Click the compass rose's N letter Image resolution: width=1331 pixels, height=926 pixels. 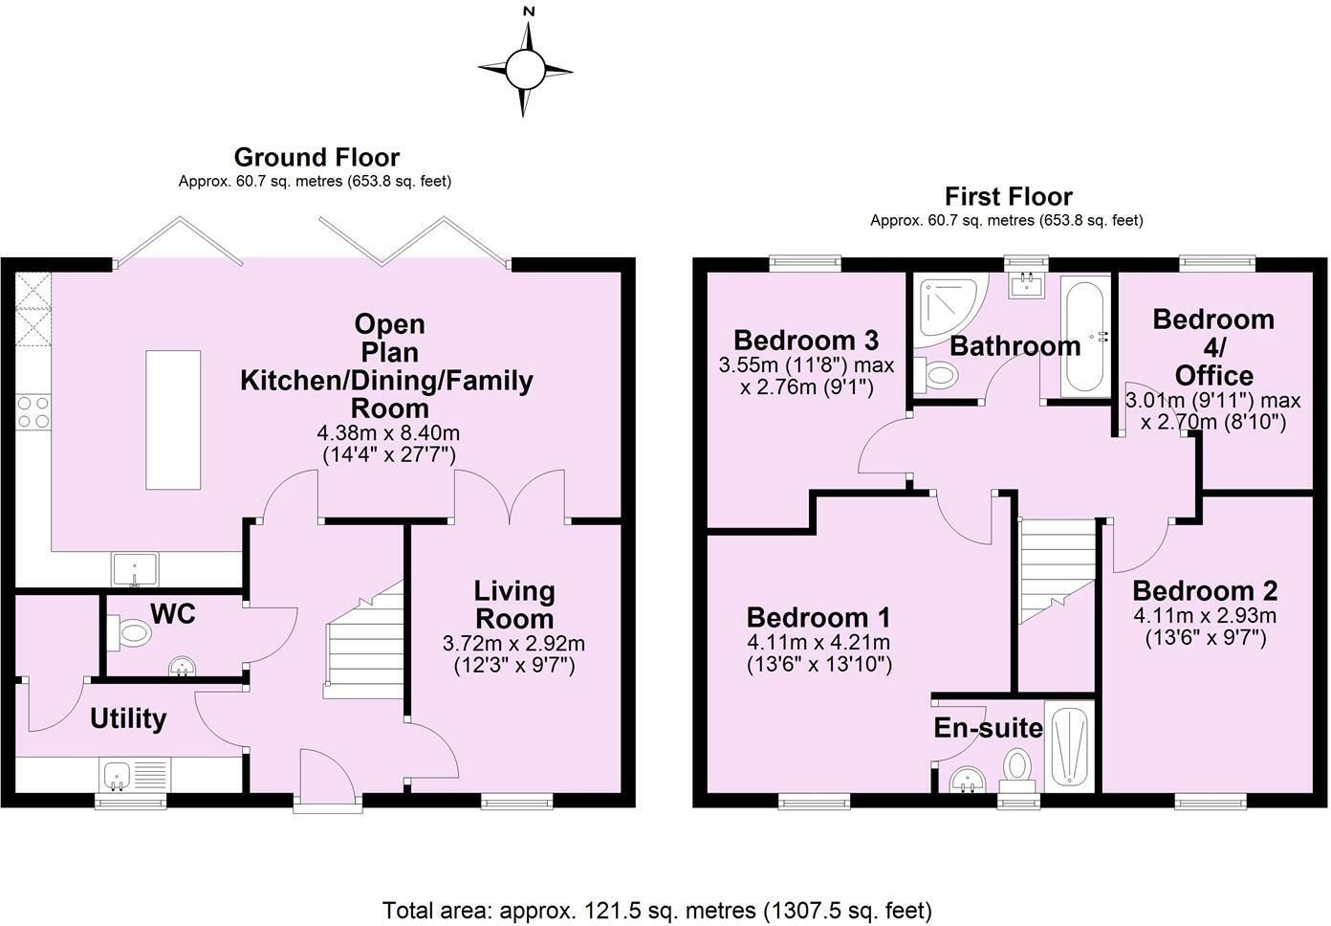529,11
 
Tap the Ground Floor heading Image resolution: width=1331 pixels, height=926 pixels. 316,158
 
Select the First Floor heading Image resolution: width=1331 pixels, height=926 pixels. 1009,196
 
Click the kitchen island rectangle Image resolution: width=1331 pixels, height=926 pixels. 173,420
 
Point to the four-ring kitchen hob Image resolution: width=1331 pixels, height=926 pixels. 33,412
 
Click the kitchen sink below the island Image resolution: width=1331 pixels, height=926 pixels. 136,569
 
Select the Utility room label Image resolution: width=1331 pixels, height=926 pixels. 128,718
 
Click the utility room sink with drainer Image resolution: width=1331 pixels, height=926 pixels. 135,775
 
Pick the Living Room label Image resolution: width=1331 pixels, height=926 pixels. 514,605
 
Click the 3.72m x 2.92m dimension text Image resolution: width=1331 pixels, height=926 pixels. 514,643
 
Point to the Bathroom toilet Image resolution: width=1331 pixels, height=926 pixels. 936,375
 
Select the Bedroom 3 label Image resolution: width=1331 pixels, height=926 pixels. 806,341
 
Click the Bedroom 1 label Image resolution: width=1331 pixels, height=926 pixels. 818,618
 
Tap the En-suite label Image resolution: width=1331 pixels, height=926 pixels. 988,728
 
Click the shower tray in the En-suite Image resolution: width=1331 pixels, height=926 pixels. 1070,746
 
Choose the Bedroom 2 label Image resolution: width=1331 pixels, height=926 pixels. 1205,591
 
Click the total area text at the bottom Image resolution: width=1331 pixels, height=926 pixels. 657,911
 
